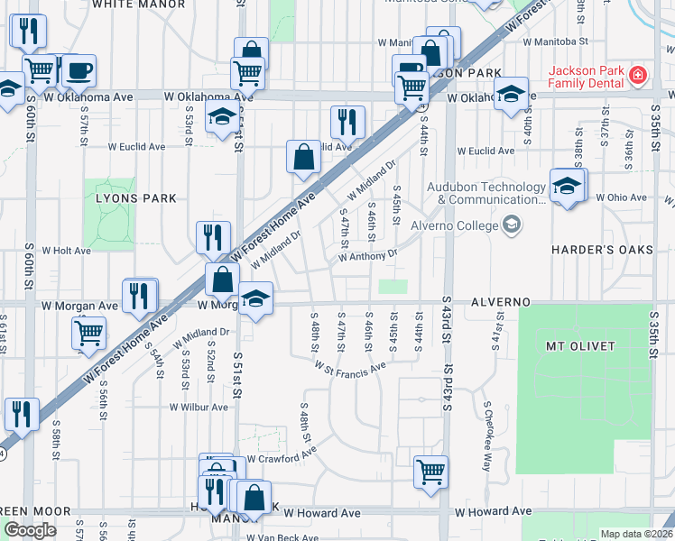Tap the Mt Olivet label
tap(580, 346)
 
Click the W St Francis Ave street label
tap(350, 367)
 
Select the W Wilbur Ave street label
tap(199, 408)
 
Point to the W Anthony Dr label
tap(367, 257)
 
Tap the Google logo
tap(30, 530)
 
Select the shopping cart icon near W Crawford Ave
tap(431, 470)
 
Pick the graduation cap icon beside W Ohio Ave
tap(567, 186)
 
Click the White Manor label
tap(138, 5)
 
